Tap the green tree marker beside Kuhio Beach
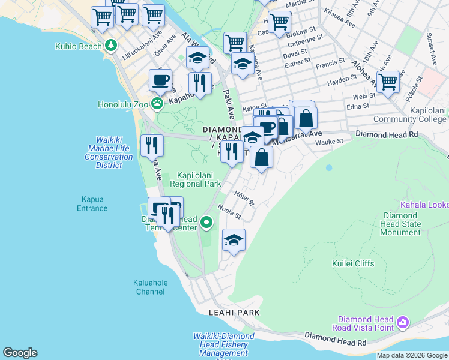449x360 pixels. [x=111, y=45]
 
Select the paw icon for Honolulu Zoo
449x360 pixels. [x=157, y=104]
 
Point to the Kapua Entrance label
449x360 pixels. [x=92, y=204]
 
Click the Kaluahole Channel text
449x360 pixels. [x=150, y=287]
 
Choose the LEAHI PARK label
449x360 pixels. [x=234, y=313]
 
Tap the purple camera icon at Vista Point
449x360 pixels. [x=403, y=323]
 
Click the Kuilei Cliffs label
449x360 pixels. [x=353, y=263]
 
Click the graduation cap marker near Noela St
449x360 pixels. [x=234, y=241]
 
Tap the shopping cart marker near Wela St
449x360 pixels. [x=388, y=82]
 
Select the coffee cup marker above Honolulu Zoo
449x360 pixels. [x=160, y=79]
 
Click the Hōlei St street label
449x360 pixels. [x=244, y=196]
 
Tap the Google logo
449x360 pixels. [x=20, y=353]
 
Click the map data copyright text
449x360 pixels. [x=412, y=356]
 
